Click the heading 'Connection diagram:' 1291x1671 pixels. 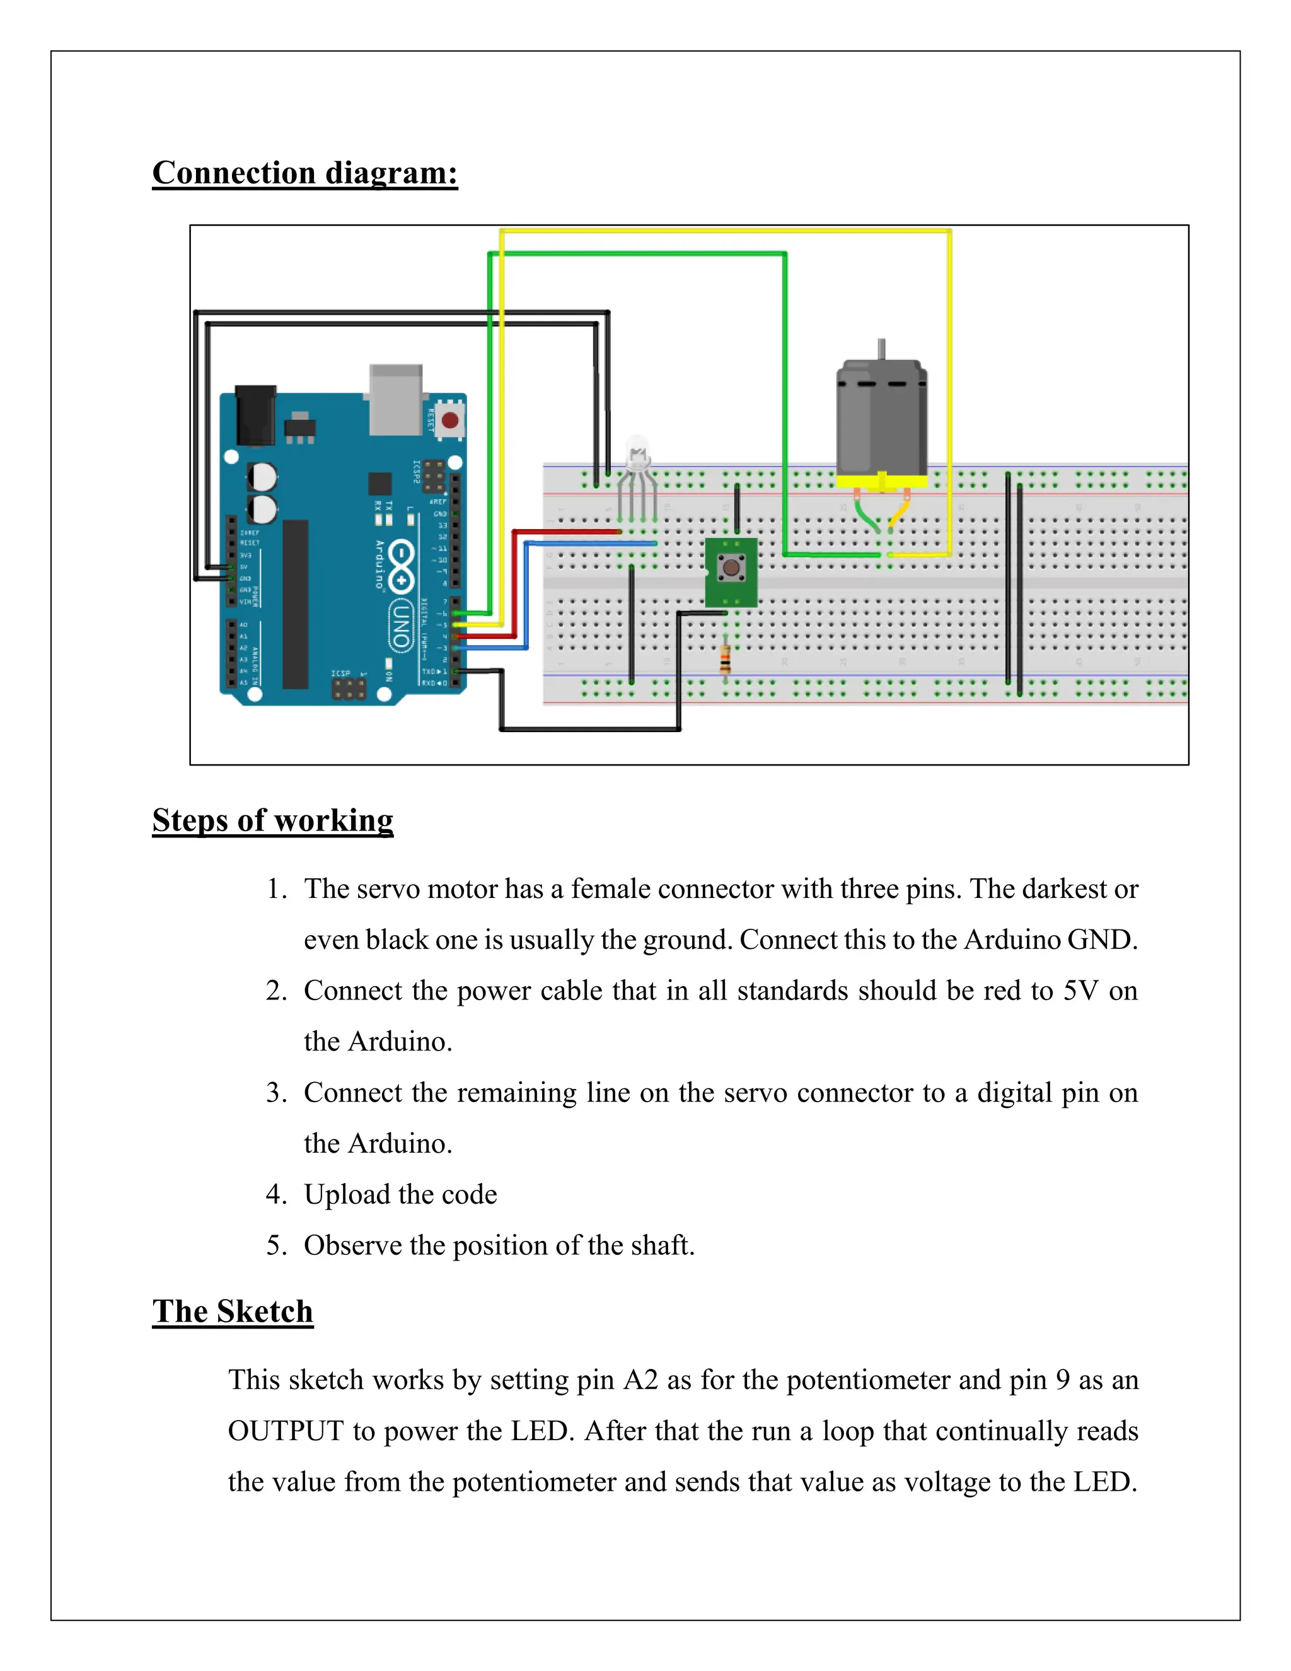click(304, 173)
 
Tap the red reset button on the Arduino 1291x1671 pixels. click(449, 420)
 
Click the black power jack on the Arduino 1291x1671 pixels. click(255, 416)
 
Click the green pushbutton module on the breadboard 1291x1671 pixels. click(731, 570)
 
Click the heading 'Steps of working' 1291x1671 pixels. click(272, 820)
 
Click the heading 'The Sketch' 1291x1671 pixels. click(233, 1312)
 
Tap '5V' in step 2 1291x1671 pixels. click(1080, 991)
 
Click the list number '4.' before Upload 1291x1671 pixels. click(276, 1194)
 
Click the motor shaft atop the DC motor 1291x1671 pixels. click(881, 349)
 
